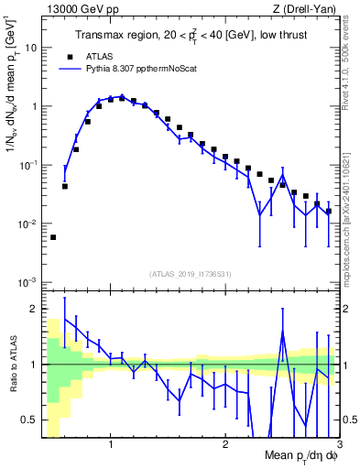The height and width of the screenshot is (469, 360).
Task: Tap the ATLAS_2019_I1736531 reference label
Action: (191, 274)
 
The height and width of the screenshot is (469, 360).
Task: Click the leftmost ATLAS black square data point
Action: (53, 237)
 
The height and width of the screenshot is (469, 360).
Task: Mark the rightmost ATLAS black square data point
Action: (328, 211)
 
